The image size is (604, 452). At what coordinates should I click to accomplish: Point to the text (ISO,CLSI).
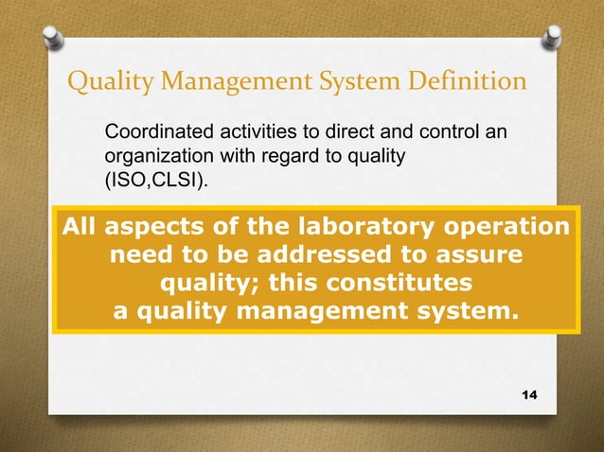155,178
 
